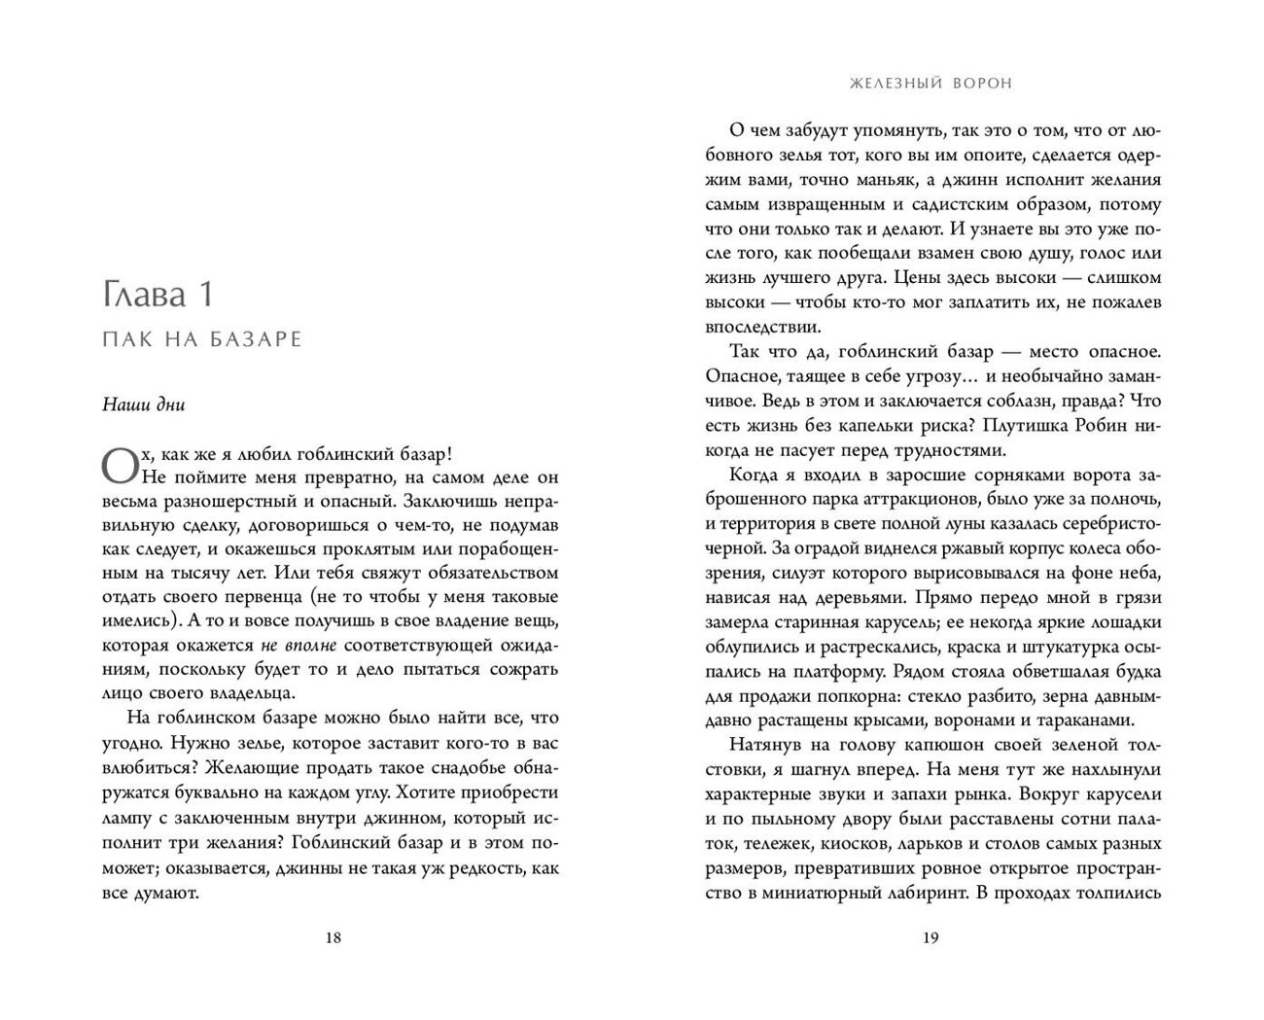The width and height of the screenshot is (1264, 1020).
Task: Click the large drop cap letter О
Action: (x=120, y=464)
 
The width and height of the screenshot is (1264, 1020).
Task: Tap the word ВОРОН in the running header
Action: (x=977, y=84)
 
